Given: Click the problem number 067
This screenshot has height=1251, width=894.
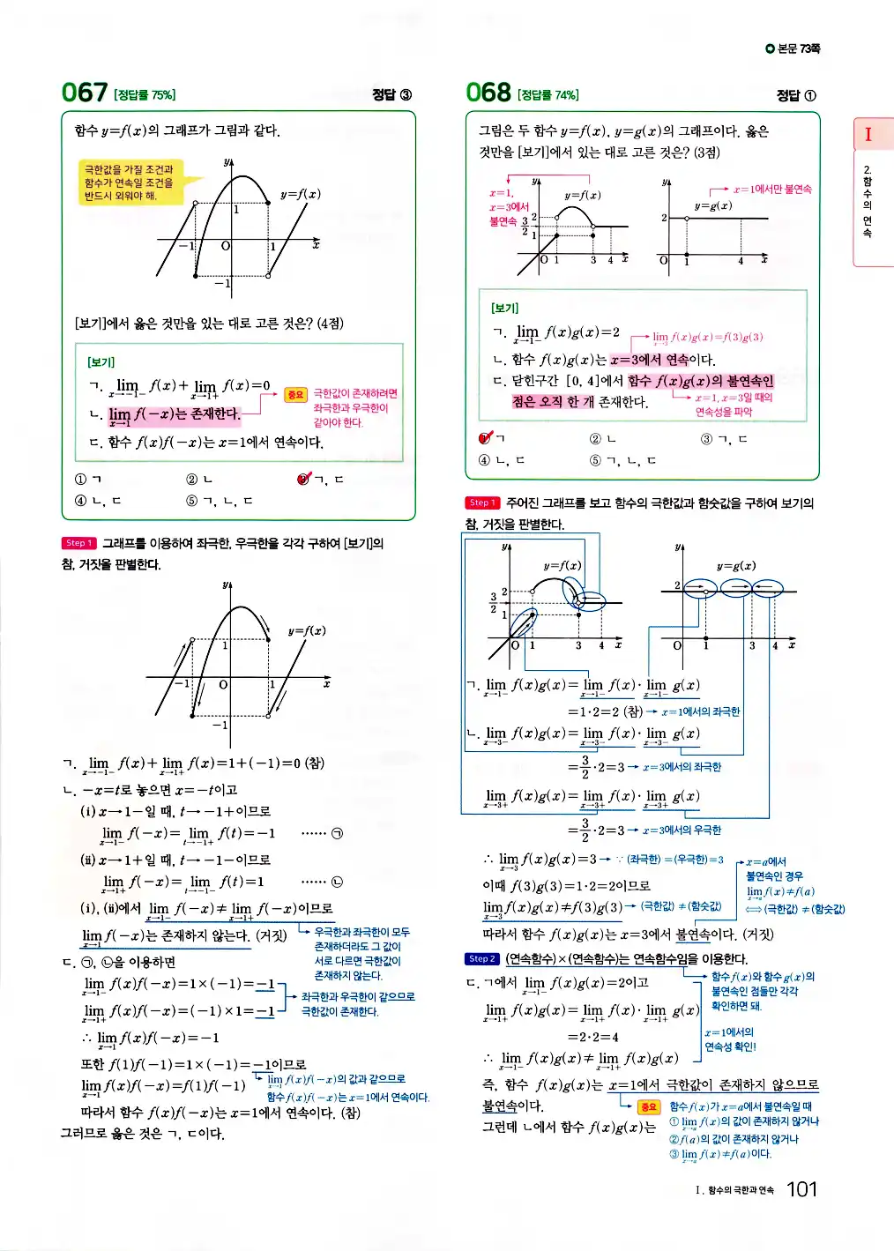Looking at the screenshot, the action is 84,93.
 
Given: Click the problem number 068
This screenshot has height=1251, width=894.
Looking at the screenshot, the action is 488,93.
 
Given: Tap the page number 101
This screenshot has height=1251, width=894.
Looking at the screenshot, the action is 801,1189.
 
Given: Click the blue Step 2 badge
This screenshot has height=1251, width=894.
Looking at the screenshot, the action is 482,959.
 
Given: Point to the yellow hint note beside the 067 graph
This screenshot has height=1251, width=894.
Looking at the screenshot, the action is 129,182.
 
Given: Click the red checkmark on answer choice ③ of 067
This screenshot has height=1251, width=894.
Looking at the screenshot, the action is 304,479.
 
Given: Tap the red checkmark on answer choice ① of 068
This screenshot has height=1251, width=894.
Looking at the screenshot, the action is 485,437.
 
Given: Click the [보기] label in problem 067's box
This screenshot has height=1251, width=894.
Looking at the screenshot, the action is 101,362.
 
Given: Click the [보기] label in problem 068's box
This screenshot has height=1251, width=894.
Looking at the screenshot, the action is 504,309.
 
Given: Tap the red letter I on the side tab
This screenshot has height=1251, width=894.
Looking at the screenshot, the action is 868,134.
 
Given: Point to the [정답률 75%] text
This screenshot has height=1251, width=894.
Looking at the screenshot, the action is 145,95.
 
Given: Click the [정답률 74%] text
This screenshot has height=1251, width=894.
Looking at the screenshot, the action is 548,95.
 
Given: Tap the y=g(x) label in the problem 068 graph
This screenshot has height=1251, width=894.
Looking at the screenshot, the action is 712,205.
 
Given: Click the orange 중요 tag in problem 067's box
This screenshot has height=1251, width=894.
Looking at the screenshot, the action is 295,395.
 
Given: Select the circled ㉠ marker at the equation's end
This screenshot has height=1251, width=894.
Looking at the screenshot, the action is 336,833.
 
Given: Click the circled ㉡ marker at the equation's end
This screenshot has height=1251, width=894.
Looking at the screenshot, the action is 336,882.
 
